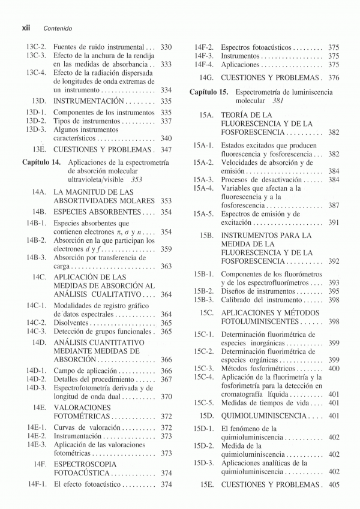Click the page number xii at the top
click(x=26, y=28)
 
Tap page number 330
click(x=166, y=47)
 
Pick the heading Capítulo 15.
click(x=209, y=92)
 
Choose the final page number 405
click(x=334, y=484)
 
